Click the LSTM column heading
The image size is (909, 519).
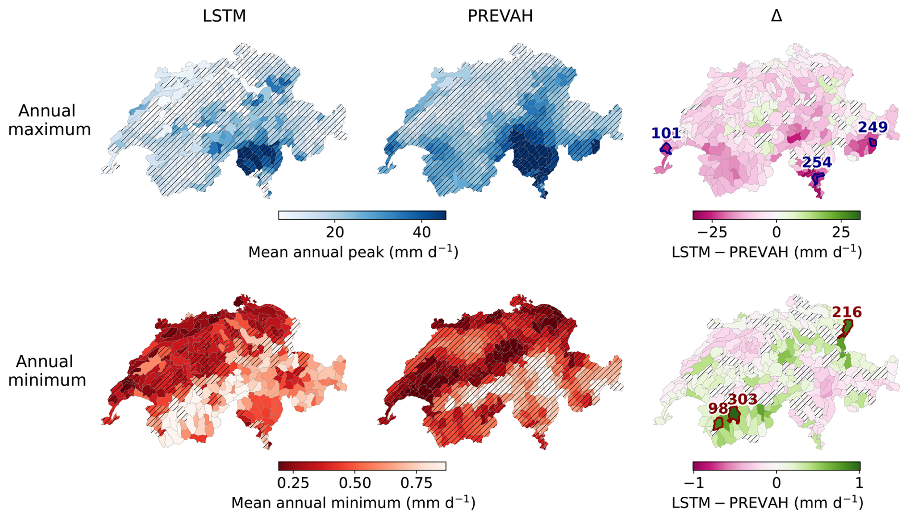click(x=224, y=16)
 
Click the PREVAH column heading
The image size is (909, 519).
click(x=500, y=16)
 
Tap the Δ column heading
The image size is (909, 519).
click(x=776, y=16)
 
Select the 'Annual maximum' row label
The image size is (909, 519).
click(x=49, y=120)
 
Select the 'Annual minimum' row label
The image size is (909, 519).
click(x=47, y=371)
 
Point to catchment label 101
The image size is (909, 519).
click(x=666, y=133)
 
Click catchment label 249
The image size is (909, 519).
click(x=872, y=127)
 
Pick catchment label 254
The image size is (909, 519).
click(x=817, y=162)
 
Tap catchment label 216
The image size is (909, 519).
click(x=847, y=312)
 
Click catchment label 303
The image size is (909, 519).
click(x=742, y=399)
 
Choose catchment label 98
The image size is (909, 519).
click(x=718, y=408)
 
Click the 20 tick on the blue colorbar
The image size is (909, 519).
click(x=335, y=233)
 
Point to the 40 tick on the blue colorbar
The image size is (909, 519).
click(x=421, y=233)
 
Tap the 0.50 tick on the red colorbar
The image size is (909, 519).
click(x=355, y=483)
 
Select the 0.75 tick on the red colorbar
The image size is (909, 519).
click(x=416, y=483)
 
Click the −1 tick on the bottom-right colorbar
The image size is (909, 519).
click(x=694, y=483)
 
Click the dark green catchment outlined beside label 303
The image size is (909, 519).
click(x=734, y=414)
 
